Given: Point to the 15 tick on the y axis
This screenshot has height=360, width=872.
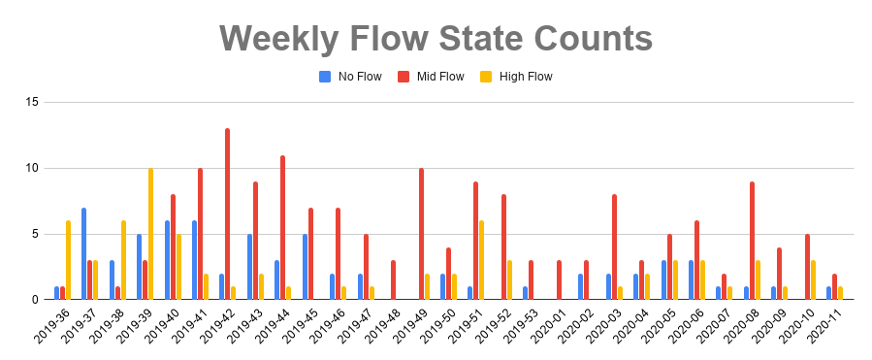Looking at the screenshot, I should coord(32,102).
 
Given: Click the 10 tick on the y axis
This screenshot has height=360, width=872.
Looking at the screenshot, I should coord(32,168).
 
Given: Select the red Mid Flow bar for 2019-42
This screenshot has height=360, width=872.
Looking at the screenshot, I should coord(227,213).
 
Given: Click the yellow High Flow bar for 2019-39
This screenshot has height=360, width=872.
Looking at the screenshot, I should coord(150,233).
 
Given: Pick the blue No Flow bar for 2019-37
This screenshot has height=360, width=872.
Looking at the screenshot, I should coord(84,253).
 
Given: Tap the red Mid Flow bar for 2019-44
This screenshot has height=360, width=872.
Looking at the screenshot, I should coord(282,227).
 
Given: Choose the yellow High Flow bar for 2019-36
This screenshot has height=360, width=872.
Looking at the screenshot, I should coord(68,260).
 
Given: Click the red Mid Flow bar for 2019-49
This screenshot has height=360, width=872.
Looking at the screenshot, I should coord(421,233).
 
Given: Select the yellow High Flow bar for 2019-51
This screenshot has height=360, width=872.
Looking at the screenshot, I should coord(482,260).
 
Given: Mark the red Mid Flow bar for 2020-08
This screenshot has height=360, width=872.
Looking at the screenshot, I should coord(752,240).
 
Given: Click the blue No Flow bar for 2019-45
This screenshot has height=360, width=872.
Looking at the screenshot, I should coord(305,266).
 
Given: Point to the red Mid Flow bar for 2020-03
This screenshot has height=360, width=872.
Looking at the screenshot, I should coord(614,246).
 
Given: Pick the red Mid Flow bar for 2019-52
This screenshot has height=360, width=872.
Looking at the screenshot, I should coord(503,246).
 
